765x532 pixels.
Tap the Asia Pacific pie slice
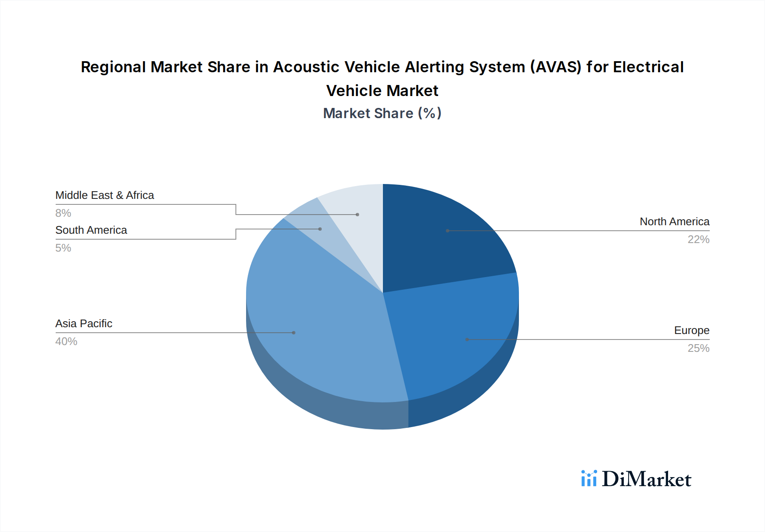[314, 323]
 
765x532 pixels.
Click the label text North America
[674, 222]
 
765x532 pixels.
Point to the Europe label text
[691, 331]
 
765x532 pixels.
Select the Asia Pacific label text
[84, 324]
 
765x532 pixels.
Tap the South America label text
[91, 230]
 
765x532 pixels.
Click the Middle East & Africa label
[105, 195]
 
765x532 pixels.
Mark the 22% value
[698, 240]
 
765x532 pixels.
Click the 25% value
[698, 348]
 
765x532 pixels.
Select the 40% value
[66, 342]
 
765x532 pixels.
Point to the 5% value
[63, 248]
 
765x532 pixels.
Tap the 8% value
[63, 213]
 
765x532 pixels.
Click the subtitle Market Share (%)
[382, 113]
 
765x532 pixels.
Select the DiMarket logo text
[646, 479]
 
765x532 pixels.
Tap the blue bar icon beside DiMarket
[589, 478]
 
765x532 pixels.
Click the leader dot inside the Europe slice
[467, 340]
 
